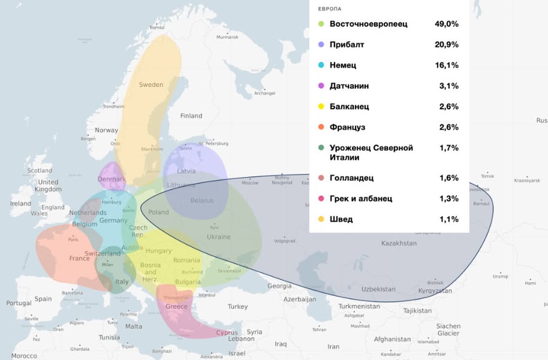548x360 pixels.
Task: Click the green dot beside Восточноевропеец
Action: (x=321, y=24)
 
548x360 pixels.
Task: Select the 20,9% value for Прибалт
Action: (x=446, y=44)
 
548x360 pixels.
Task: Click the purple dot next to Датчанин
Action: (x=321, y=86)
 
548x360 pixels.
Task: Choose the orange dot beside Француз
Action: (x=321, y=127)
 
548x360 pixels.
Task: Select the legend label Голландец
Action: (x=351, y=178)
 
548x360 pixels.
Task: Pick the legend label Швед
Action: (x=341, y=219)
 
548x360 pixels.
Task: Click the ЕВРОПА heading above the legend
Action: (x=330, y=9)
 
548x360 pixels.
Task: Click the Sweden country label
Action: (x=151, y=85)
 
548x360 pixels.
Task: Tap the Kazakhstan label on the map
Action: (x=399, y=243)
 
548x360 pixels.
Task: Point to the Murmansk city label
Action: (x=227, y=37)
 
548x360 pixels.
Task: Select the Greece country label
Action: (x=176, y=306)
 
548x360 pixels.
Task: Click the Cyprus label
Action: (x=227, y=332)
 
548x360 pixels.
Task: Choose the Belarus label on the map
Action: (x=201, y=200)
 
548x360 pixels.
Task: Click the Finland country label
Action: (x=191, y=116)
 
